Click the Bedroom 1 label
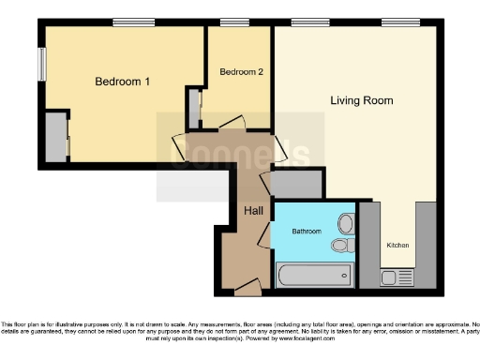tap(123, 82)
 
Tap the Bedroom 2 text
tap(241, 71)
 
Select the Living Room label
tap(361, 100)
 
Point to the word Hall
tap(253, 211)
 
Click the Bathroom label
tap(307, 230)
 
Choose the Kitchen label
tap(398, 246)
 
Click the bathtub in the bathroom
tap(315, 275)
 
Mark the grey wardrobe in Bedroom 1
tap(55, 137)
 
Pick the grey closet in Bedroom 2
tap(193, 109)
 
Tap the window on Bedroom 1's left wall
tap(42, 66)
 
